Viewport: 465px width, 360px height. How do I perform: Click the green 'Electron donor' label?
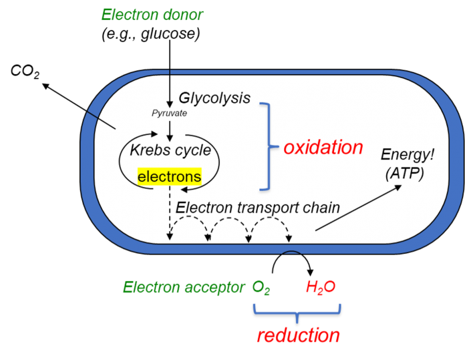[x=152, y=15]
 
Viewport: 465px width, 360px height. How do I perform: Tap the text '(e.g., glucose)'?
[x=150, y=34]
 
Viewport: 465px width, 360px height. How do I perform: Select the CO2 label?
[x=25, y=71]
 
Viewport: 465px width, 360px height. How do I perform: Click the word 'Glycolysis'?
[x=214, y=98]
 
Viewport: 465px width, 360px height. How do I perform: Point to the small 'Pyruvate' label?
[x=169, y=114]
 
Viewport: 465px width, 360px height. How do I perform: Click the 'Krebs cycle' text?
[x=170, y=150]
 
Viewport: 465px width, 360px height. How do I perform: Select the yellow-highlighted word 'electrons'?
[x=169, y=177]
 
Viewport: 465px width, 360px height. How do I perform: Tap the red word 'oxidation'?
[x=323, y=148]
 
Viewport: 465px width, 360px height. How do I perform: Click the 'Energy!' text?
[x=407, y=154]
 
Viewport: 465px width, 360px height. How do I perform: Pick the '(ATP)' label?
[x=405, y=174]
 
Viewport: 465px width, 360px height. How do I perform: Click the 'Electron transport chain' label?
[x=258, y=208]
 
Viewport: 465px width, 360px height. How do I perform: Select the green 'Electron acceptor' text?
[x=184, y=287]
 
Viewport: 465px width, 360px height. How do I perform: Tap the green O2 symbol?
[x=261, y=288]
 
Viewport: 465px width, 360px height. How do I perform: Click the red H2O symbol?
[x=321, y=287]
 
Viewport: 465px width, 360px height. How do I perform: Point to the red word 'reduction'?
[x=299, y=335]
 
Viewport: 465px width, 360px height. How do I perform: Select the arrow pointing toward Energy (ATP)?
[x=358, y=208]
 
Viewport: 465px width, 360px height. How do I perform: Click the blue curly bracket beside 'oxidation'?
[x=269, y=146]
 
